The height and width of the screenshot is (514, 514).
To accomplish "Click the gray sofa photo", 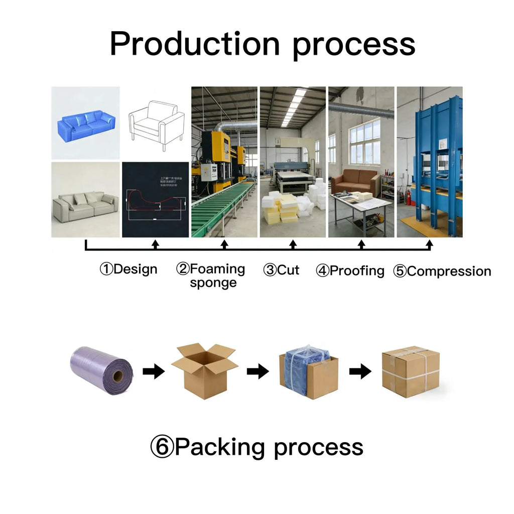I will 85,206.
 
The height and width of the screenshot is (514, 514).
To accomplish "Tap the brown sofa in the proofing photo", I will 355,181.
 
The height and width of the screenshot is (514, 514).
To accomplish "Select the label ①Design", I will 128,270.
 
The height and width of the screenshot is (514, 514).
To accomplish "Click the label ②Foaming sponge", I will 211,276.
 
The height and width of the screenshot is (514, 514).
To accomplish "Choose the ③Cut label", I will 281,270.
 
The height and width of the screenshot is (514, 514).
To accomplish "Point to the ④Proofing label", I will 350,271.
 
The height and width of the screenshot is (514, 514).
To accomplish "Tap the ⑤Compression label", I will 442,272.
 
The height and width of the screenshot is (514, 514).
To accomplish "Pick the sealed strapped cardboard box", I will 411,371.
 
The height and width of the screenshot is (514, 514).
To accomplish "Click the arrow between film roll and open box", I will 153,371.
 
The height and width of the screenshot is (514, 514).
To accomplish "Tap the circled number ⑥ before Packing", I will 162,447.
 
